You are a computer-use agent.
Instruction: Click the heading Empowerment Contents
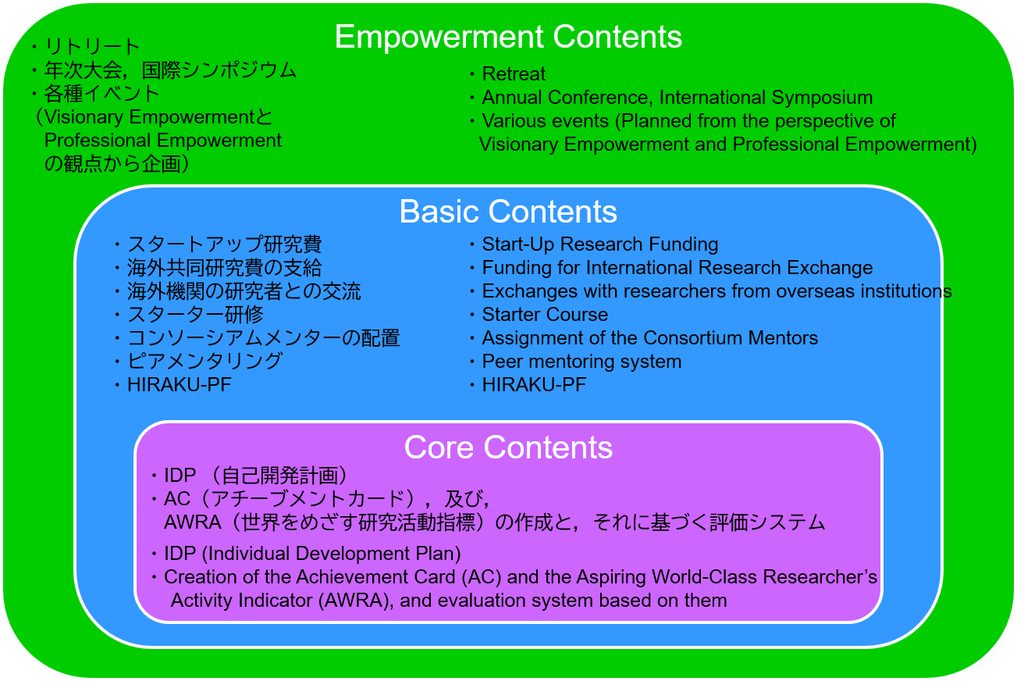click(x=508, y=37)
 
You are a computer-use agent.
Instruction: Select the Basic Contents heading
click(x=508, y=212)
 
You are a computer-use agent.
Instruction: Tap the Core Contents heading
click(x=508, y=447)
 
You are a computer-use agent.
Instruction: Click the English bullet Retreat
click(x=514, y=73)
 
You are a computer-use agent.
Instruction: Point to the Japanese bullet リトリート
click(x=92, y=46)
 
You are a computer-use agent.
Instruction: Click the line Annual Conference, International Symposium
click(x=677, y=97)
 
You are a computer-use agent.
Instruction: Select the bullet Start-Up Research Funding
click(x=599, y=244)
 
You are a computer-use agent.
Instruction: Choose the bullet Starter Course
click(x=545, y=315)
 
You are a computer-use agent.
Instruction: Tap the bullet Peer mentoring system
click(x=581, y=362)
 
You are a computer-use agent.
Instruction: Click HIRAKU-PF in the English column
click(x=534, y=385)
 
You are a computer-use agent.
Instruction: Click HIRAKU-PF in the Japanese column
click(x=180, y=385)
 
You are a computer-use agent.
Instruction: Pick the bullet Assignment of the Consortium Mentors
click(x=649, y=338)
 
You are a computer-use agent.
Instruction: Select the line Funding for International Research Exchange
click(x=677, y=268)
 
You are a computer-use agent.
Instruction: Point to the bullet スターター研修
click(x=196, y=315)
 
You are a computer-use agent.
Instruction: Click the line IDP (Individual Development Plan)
click(x=312, y=554)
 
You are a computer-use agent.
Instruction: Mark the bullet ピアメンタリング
click(x=204, y=362)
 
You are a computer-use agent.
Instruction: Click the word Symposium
click(x=822, y=98)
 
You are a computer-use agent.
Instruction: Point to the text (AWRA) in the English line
click(x=355, y=601)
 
